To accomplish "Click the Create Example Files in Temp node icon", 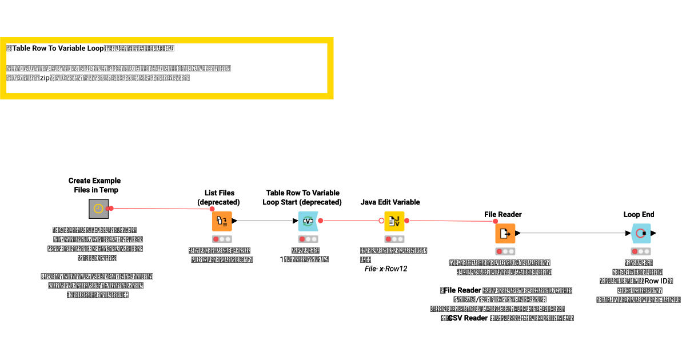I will (98, 209).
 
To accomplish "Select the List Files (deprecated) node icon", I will (222, 221).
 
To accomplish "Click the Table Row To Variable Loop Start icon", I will (308, 221).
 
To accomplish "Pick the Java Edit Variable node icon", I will (394, 221).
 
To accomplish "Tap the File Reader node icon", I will (505, 233).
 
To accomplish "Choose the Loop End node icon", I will (641, 233).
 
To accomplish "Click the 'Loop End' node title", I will (639, 214).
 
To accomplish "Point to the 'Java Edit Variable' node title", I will (390, 202).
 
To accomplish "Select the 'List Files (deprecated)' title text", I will (220, 197).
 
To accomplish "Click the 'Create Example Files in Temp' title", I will (95, 185).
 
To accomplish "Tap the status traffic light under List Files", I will (222, 239).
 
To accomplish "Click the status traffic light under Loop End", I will (641, 251).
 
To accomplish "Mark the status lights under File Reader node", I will (505, 251).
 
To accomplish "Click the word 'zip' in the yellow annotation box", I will (45, 78).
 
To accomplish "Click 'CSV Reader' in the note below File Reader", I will (467, 318).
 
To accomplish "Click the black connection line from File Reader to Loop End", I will (572, 233).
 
